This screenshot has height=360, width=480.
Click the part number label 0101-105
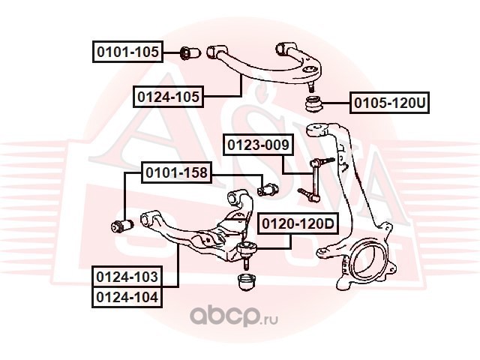coord(127,52)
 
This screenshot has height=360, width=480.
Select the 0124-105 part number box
coord(169,97)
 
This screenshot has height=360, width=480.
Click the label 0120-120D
coord(298,223)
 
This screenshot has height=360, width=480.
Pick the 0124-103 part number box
coord(127,277)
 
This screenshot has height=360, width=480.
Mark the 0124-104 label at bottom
coord(127,296)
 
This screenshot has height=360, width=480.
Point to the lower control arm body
coord(195,236)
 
